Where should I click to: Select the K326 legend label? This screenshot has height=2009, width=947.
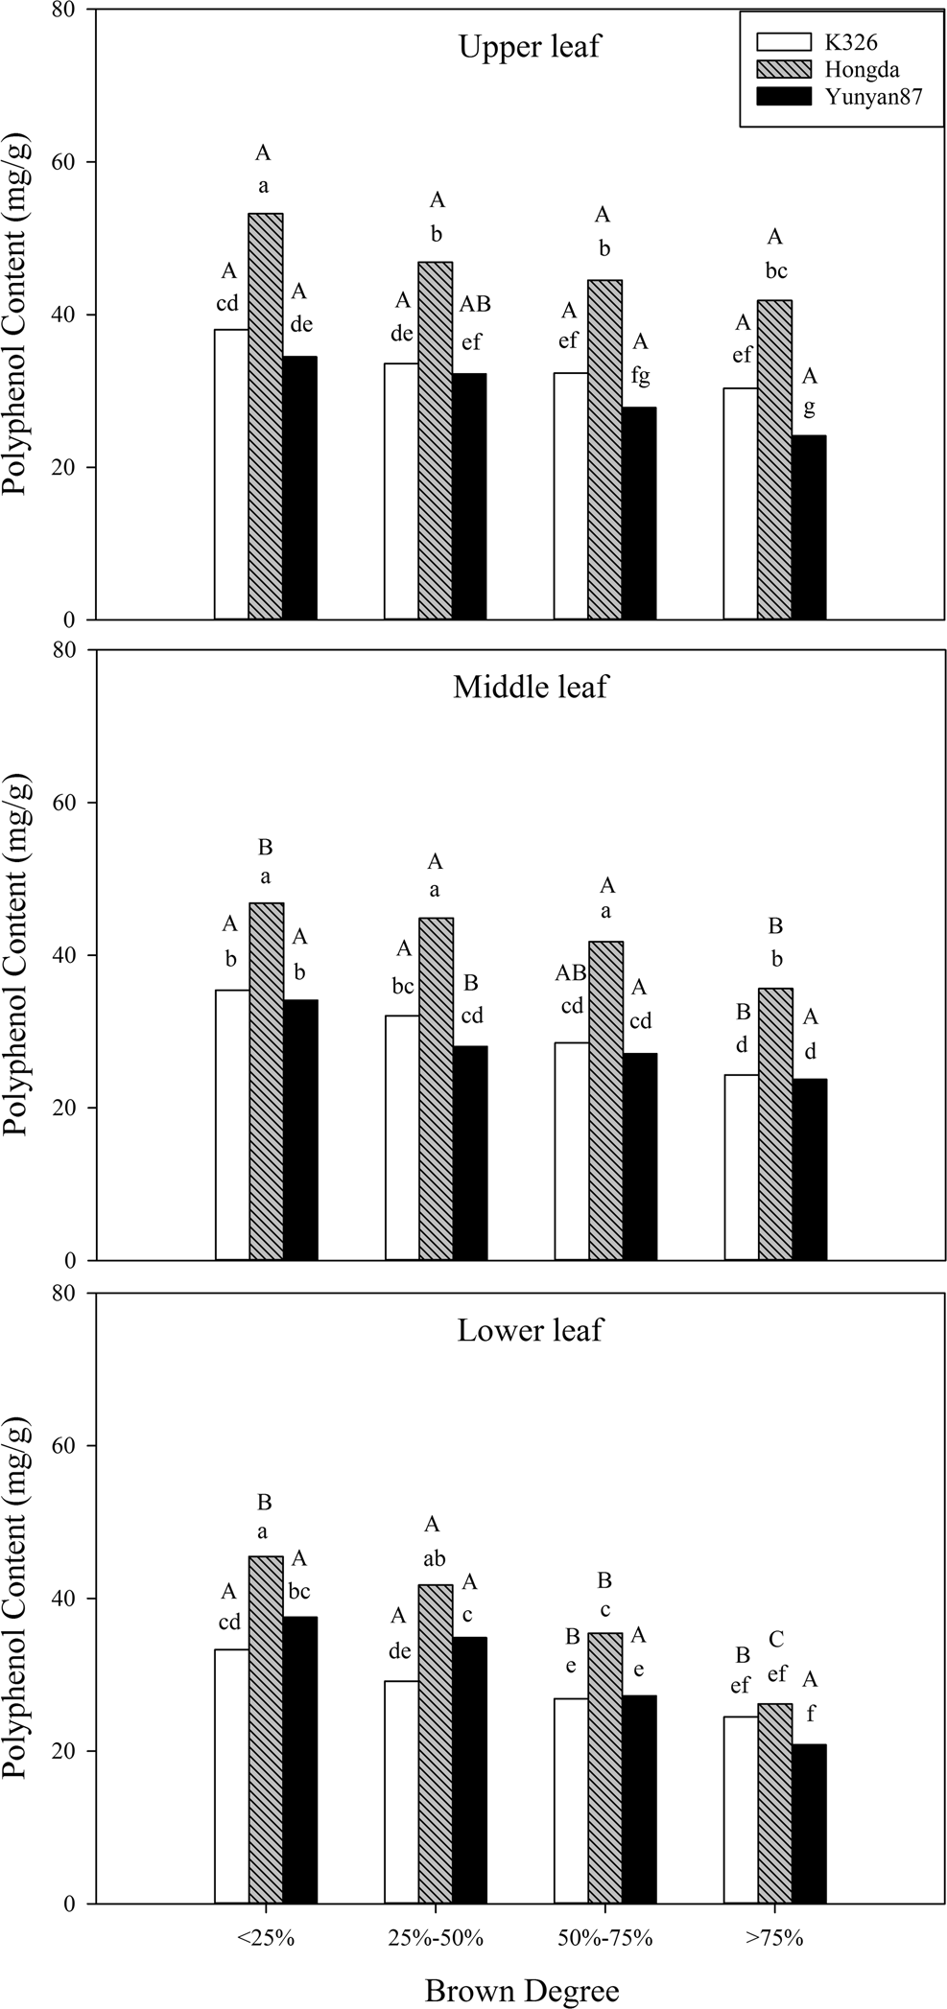pos(851,41)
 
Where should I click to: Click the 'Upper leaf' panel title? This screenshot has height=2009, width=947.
pos(530,47)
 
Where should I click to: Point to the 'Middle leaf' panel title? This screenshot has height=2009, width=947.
pos(530,687)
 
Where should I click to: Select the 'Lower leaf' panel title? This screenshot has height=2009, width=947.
pos(530,1331)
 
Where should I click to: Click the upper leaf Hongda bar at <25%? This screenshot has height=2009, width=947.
pos(266,416)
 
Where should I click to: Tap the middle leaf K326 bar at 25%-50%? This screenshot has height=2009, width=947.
pos(401,1137)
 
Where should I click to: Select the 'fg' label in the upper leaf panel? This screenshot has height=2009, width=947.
pos(639,376)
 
